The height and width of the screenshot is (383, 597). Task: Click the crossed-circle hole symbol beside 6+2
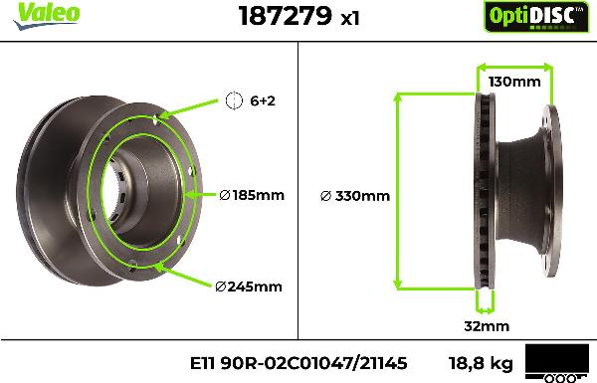tap(235, 100)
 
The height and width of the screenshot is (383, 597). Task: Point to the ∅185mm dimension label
tap(251, 195)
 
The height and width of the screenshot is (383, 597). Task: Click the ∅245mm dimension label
tap(249, 287)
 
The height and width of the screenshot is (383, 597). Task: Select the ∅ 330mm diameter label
tap(355, 196)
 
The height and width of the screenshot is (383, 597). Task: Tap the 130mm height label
tap(513, 82)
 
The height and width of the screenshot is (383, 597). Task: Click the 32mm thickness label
tap(488, 326)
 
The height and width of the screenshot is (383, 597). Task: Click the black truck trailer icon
tap(555, 363)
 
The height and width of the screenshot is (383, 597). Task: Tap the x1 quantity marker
tap(349, 18)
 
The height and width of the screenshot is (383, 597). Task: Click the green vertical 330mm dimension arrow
tap(399, 190)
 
